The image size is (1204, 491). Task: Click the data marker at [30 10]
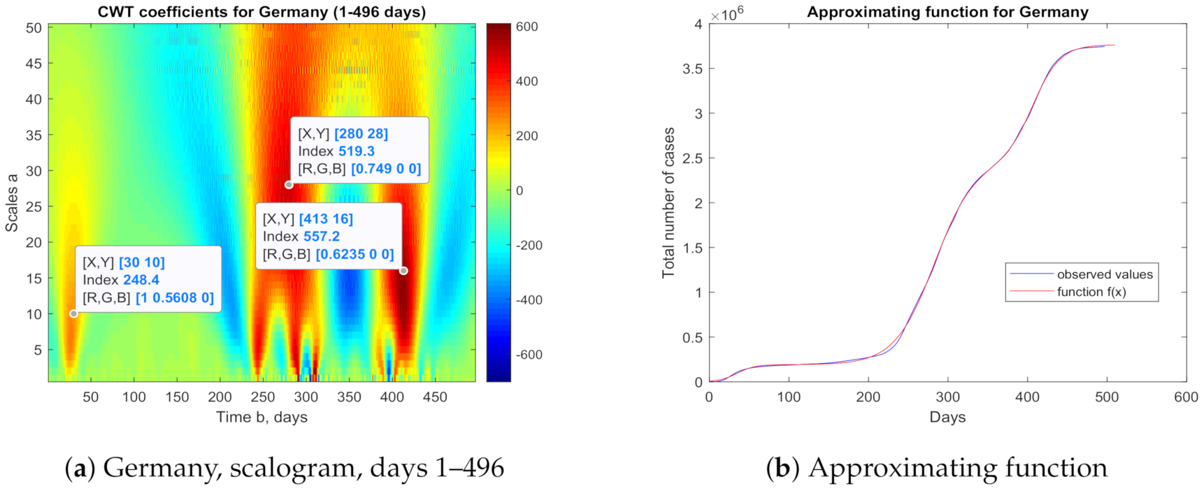click(x=73, y=314)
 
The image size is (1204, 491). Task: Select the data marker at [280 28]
click(x=289, y=185)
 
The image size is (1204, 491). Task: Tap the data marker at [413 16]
click(x=403, y=271)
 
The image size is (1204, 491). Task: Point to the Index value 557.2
click(x=321, y=236)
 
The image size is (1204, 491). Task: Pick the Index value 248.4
click(x=141, y=280)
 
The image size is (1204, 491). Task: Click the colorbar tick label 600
click(x=527, y=27)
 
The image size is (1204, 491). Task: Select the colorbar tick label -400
click(x=529, y=300)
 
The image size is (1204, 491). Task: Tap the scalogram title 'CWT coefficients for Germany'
click(x=262, y=12)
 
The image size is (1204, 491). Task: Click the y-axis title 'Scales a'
click(x=12, y=203)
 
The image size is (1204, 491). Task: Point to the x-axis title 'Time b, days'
click(x=262, y=417)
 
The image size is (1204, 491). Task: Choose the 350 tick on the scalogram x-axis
click(x=349, y=397)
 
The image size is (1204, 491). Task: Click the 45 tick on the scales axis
click(x=34, y=63)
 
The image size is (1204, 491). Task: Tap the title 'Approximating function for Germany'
click(x=947, y=12)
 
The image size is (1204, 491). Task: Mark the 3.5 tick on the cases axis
click(x=692, y=69)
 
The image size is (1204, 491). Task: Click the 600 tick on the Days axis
click(x=1186, y=397)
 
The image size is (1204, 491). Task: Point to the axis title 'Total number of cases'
click(x=669, y=203)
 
